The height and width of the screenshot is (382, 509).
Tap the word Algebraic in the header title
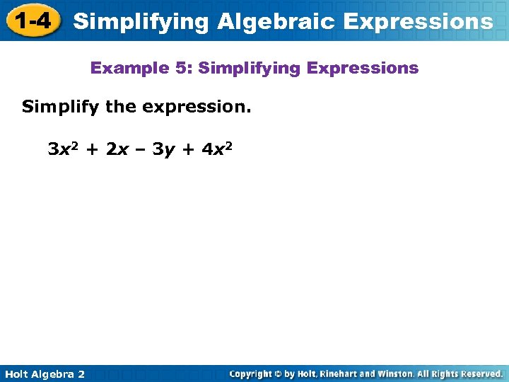(x=276, y=22)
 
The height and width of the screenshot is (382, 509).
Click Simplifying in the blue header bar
(x=141, y=22)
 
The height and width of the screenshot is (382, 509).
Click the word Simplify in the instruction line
(x=61, y=108)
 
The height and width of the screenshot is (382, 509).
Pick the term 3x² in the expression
(x=62, y=149)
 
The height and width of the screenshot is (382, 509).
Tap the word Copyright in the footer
(x=252, y=374)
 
